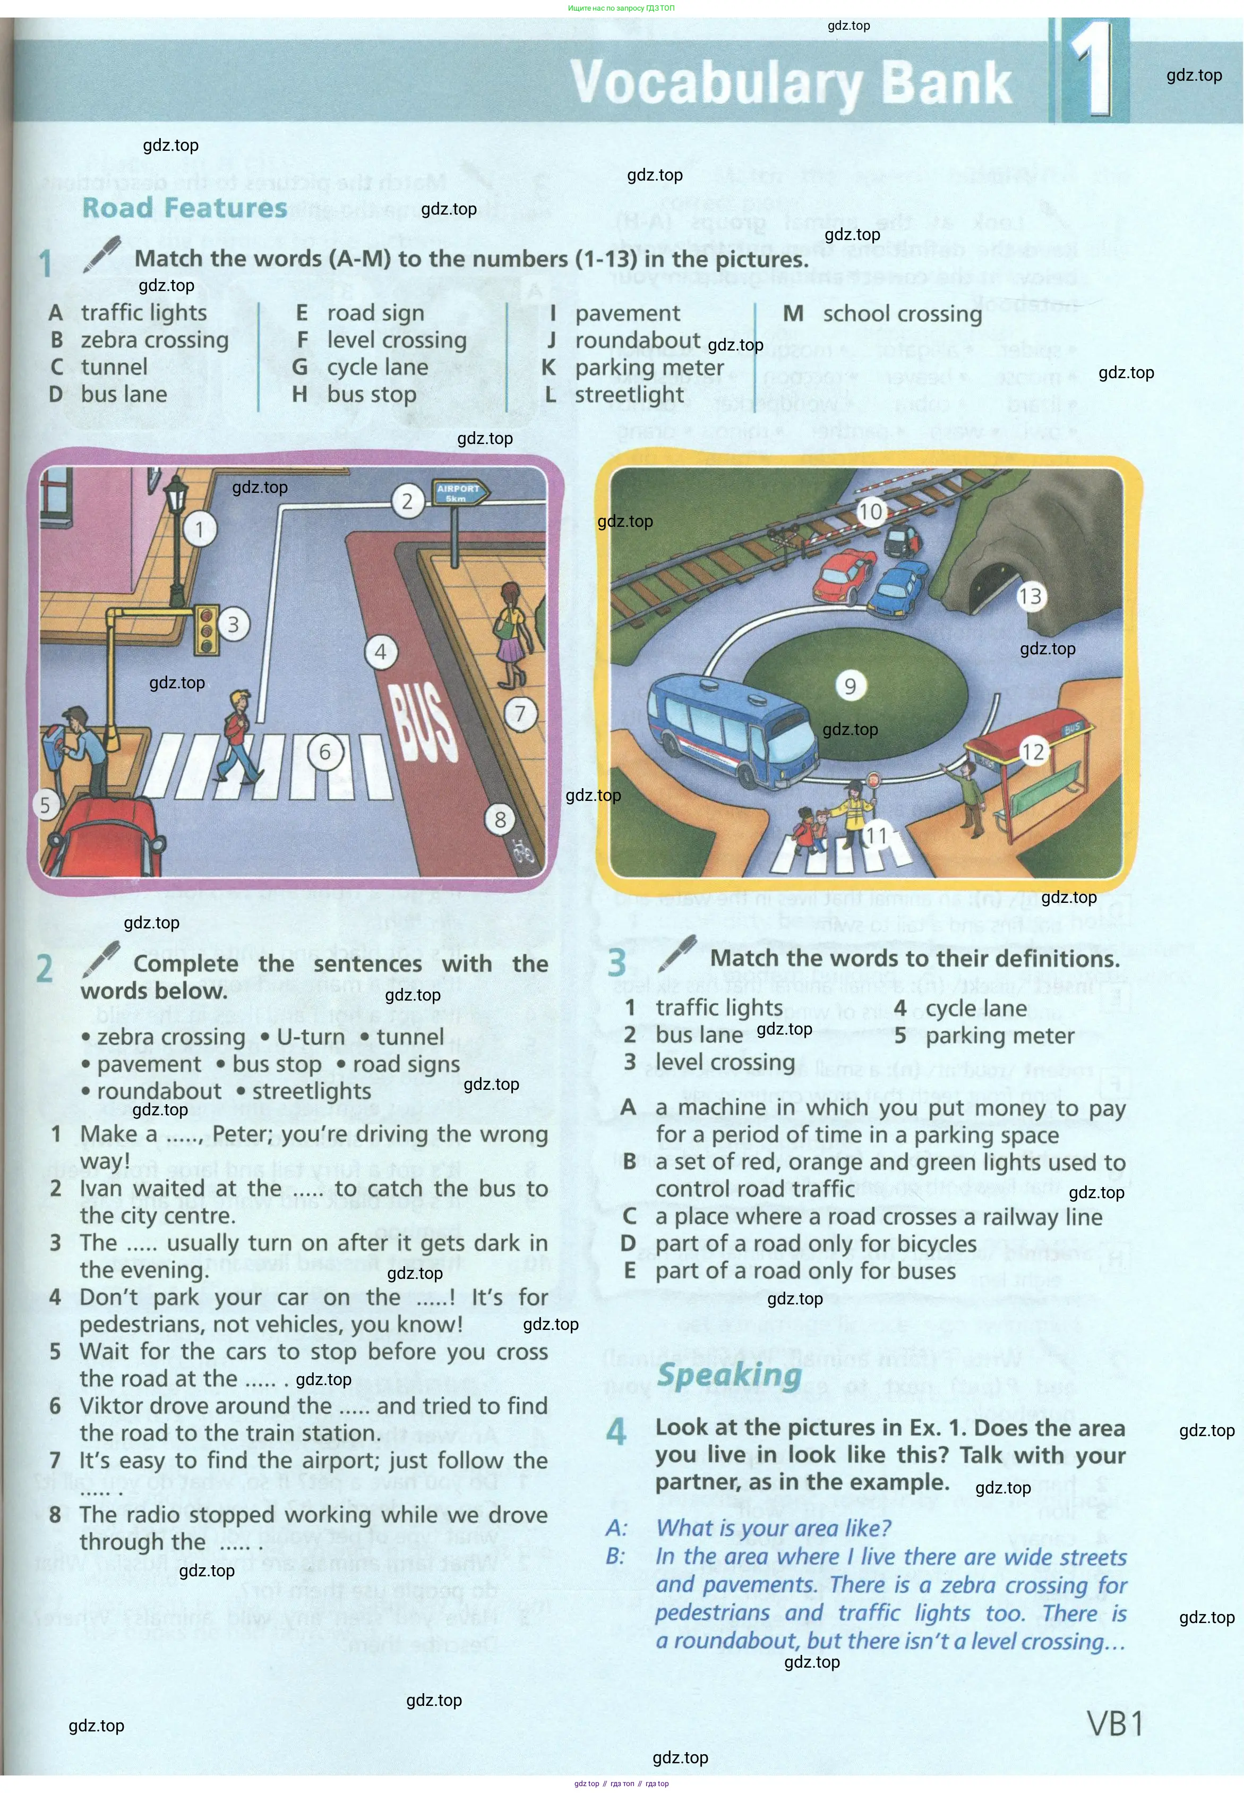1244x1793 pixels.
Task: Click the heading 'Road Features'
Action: (x=185, y=208)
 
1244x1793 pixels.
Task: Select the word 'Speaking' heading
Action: (x=729, y=1374)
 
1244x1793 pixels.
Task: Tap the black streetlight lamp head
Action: (x=177, y=493)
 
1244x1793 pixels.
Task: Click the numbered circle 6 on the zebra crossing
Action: (x=325, y=752)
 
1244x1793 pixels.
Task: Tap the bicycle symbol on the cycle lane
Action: (x=522, y=850)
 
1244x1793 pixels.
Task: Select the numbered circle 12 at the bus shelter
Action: (x=1032, y=752)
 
